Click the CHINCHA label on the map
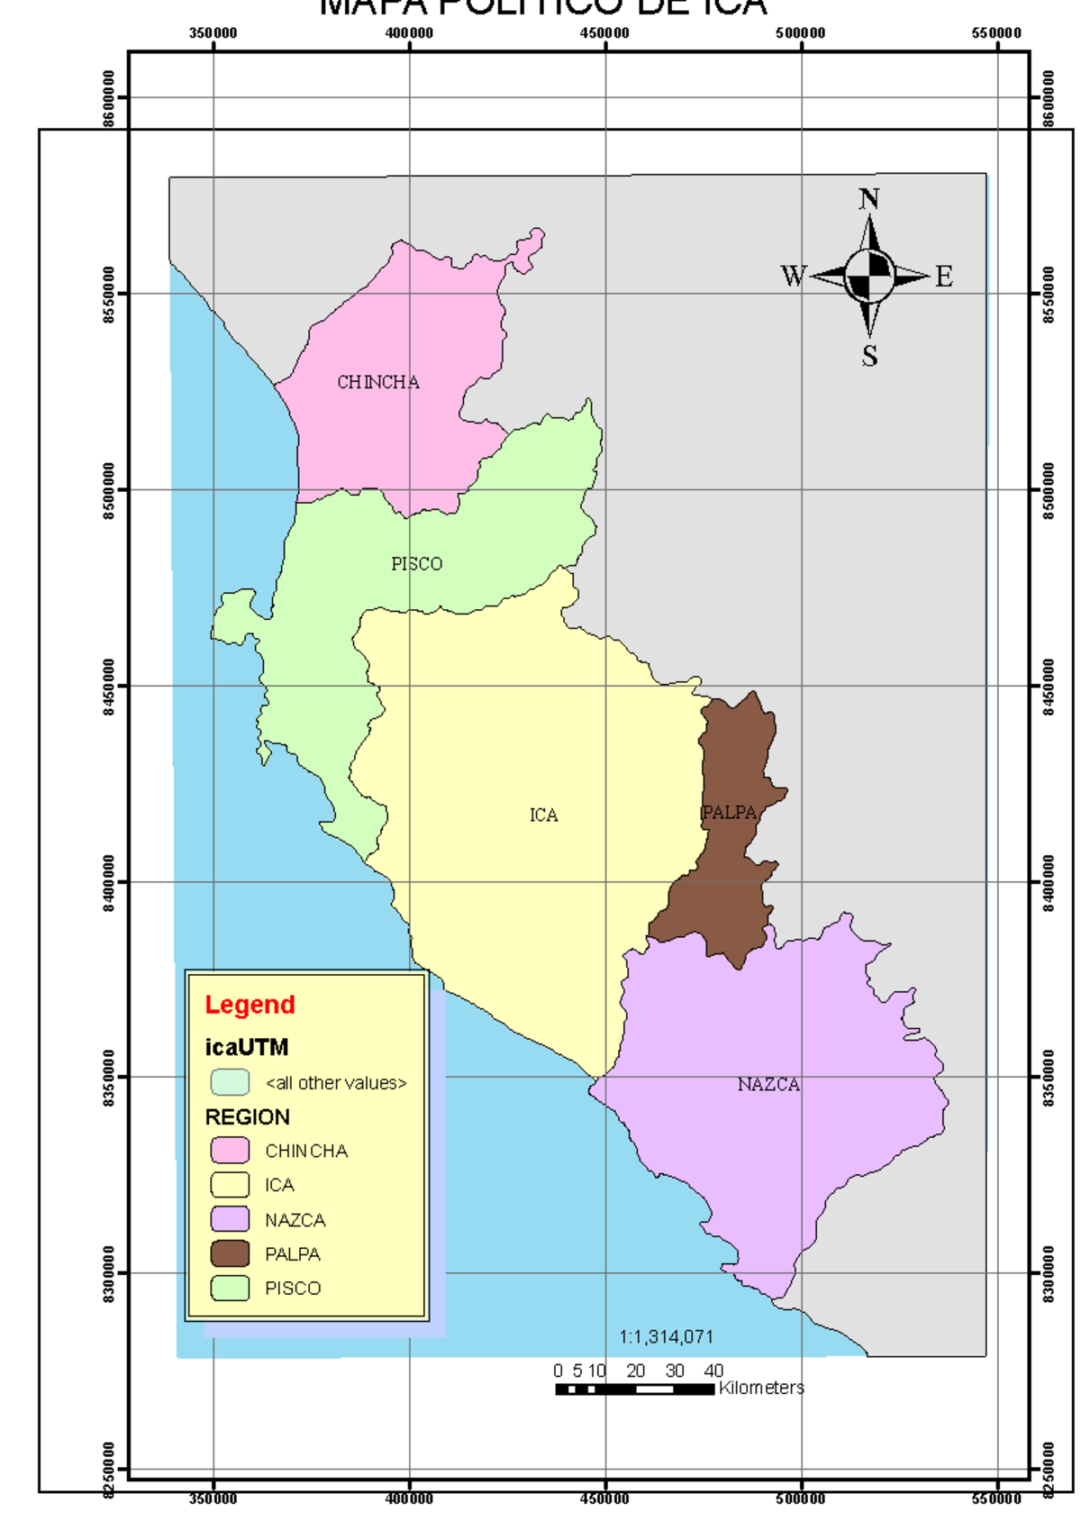point(378,382)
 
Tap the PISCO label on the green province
point(416,564)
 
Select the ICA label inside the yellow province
point(543,815)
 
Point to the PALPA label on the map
point(730,813)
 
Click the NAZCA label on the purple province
point(768,1085)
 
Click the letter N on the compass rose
point(868,199)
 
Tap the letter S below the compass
point(869,356)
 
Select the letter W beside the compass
point(794,276)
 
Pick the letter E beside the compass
point(943,276)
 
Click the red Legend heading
point(250,1005)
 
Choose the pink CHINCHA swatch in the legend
point(230,1151)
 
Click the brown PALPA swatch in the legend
point(230,1253)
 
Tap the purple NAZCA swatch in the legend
point(230,1219)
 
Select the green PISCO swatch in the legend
point(230,1288)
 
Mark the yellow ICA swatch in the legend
point(230,1185)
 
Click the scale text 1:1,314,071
point(666,1337)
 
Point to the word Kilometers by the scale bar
point(761,1388)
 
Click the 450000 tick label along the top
point(604,33)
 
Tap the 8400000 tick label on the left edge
point(109,883)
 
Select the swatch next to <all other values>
point(230,1081)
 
